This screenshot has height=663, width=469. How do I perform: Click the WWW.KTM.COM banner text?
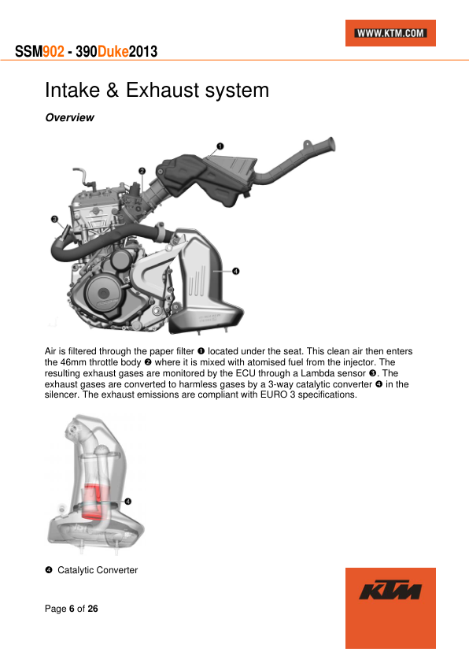[x=390, y=33]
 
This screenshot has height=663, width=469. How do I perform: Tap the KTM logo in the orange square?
[x=390, y=590]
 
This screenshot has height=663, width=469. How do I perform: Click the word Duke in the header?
[x=113, y=52]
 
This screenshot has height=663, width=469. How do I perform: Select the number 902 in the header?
[x=54, y=52]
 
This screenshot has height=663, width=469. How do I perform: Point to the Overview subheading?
[x=70, y=117]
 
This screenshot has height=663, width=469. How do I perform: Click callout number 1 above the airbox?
[x=220, y=146]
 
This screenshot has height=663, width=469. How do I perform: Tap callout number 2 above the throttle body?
[x=142, y=171]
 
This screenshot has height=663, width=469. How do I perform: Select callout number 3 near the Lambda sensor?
[x=54, y=219]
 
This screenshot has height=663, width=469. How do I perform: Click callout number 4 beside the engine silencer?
[x=236, y=271]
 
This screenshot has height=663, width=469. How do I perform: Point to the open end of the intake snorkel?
[x=331, y=144]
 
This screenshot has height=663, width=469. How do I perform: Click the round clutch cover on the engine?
[x=104, y=292]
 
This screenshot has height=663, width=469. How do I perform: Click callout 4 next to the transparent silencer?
[x=127, y=502]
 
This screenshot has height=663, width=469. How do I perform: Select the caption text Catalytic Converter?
[x=98, y=570]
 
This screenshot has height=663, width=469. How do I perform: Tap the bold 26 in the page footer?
[x=93, y=609]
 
